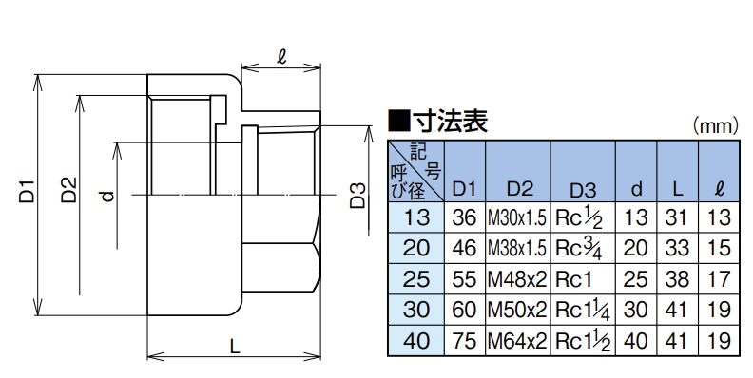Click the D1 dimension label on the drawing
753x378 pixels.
(x=28, y=191)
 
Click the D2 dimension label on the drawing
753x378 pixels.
(x=69, y=191)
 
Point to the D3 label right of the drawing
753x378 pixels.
(x=357, y=196)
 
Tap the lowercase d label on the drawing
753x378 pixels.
(x=108, y=196)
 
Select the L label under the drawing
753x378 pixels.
(x=234, y=348)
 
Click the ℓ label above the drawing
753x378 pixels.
(x=281, y=58)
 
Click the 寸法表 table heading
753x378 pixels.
(x=438, y=121)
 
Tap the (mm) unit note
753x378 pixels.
(x=715, y=125)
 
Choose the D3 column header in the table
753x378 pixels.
(x=583, y=191)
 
